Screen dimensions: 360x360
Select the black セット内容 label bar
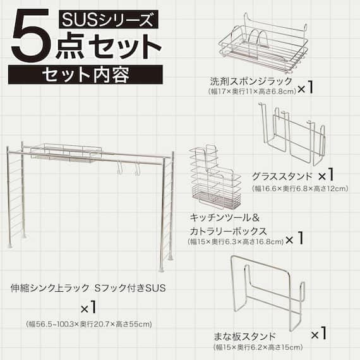(85, 75)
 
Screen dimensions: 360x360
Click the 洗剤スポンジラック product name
(251, 81)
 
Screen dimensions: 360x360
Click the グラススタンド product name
(280, 176)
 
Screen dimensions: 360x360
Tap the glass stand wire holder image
(293, 134)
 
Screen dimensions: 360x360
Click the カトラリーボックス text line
(227, 231)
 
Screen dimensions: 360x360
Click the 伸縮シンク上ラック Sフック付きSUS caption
(88, 289)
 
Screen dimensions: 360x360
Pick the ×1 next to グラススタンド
(326, 175)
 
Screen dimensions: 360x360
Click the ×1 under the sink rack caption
(88, 309)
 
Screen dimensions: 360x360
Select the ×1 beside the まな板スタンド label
(318, 333)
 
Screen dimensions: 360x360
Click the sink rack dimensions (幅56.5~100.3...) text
(89, 325)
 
